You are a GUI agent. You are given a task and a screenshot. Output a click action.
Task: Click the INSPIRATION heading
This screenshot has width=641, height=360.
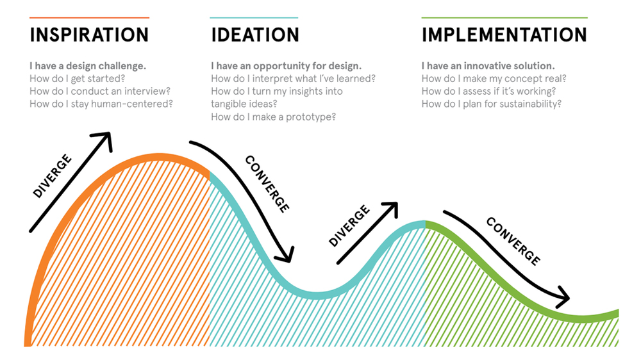coord(89,35)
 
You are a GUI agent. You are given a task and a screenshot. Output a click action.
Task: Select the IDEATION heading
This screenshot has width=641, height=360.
coord(255,35)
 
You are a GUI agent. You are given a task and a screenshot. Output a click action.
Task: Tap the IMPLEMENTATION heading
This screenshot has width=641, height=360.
coord(504,35)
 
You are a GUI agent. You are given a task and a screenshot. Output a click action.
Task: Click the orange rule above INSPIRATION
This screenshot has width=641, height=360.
coord(89,17)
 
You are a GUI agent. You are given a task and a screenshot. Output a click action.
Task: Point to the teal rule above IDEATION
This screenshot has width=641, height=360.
coord(254,17)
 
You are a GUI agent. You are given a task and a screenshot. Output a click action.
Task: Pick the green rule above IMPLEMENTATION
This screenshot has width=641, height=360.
coord(504,17)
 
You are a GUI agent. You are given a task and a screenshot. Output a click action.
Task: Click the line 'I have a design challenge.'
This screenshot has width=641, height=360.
coord(88,66)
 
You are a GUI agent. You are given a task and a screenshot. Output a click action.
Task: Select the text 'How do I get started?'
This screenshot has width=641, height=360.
coord(78,78)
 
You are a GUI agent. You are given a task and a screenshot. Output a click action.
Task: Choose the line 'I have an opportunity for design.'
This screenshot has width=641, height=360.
coord(286,66)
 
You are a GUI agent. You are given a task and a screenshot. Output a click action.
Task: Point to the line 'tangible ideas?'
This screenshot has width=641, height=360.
coord(244,104)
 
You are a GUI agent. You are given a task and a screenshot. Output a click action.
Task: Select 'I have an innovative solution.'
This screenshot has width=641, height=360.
coord(488,66)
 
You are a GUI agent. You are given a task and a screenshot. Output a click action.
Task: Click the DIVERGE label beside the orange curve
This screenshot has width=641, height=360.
coord(53,176)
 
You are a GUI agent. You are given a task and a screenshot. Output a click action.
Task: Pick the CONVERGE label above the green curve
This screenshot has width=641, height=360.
coord(513,241)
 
